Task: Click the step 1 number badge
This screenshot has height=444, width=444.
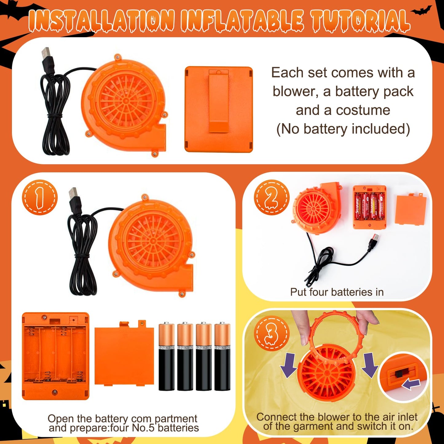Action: tap(40, 198)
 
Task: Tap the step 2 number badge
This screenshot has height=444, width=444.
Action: tap(272, 198)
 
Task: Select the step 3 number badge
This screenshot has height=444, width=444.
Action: tap(272, 333)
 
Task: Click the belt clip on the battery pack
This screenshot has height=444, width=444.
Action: tap(219, 101)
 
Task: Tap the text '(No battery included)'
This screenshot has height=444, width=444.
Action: tap(343, 129)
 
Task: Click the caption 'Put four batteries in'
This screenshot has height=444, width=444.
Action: tap(337, 292)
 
